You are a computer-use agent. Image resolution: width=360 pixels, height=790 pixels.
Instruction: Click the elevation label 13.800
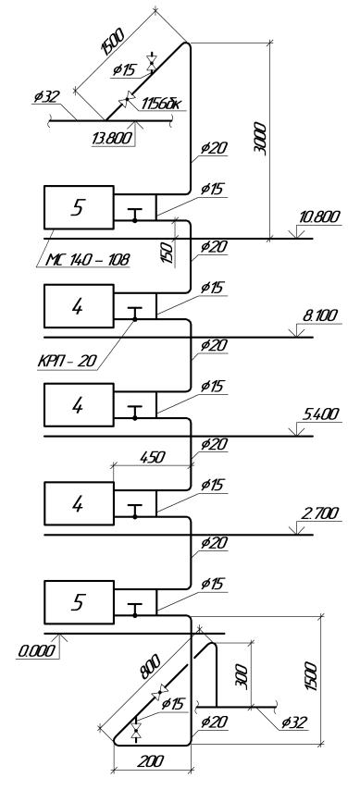click(x=113, y=138)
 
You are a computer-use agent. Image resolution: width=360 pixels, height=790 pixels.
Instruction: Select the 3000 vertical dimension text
click(x=262, y=138)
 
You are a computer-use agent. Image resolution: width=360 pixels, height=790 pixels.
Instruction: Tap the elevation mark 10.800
click(x=319, y=217)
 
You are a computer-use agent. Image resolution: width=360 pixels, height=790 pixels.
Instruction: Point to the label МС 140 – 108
click(x=89, y=260)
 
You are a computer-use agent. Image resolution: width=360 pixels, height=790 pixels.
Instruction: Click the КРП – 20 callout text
click(x=68, y=362)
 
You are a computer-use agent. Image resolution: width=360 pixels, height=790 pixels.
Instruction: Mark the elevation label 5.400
click(x=321, y=414)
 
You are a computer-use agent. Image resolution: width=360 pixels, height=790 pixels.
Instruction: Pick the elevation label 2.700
click(x=321, y=513)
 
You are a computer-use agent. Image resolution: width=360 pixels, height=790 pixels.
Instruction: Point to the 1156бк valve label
click(x=163, y=104)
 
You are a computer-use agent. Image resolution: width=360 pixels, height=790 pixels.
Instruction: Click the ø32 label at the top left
click(x=46, y=96)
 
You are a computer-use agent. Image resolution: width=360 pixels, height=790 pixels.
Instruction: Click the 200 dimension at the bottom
click(x=151, y=760)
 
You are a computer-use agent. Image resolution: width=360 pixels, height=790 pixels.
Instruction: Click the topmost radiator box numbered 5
click(x=79, y=207)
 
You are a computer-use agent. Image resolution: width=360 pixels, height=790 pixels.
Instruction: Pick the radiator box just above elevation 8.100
click(x=79, y=306)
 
